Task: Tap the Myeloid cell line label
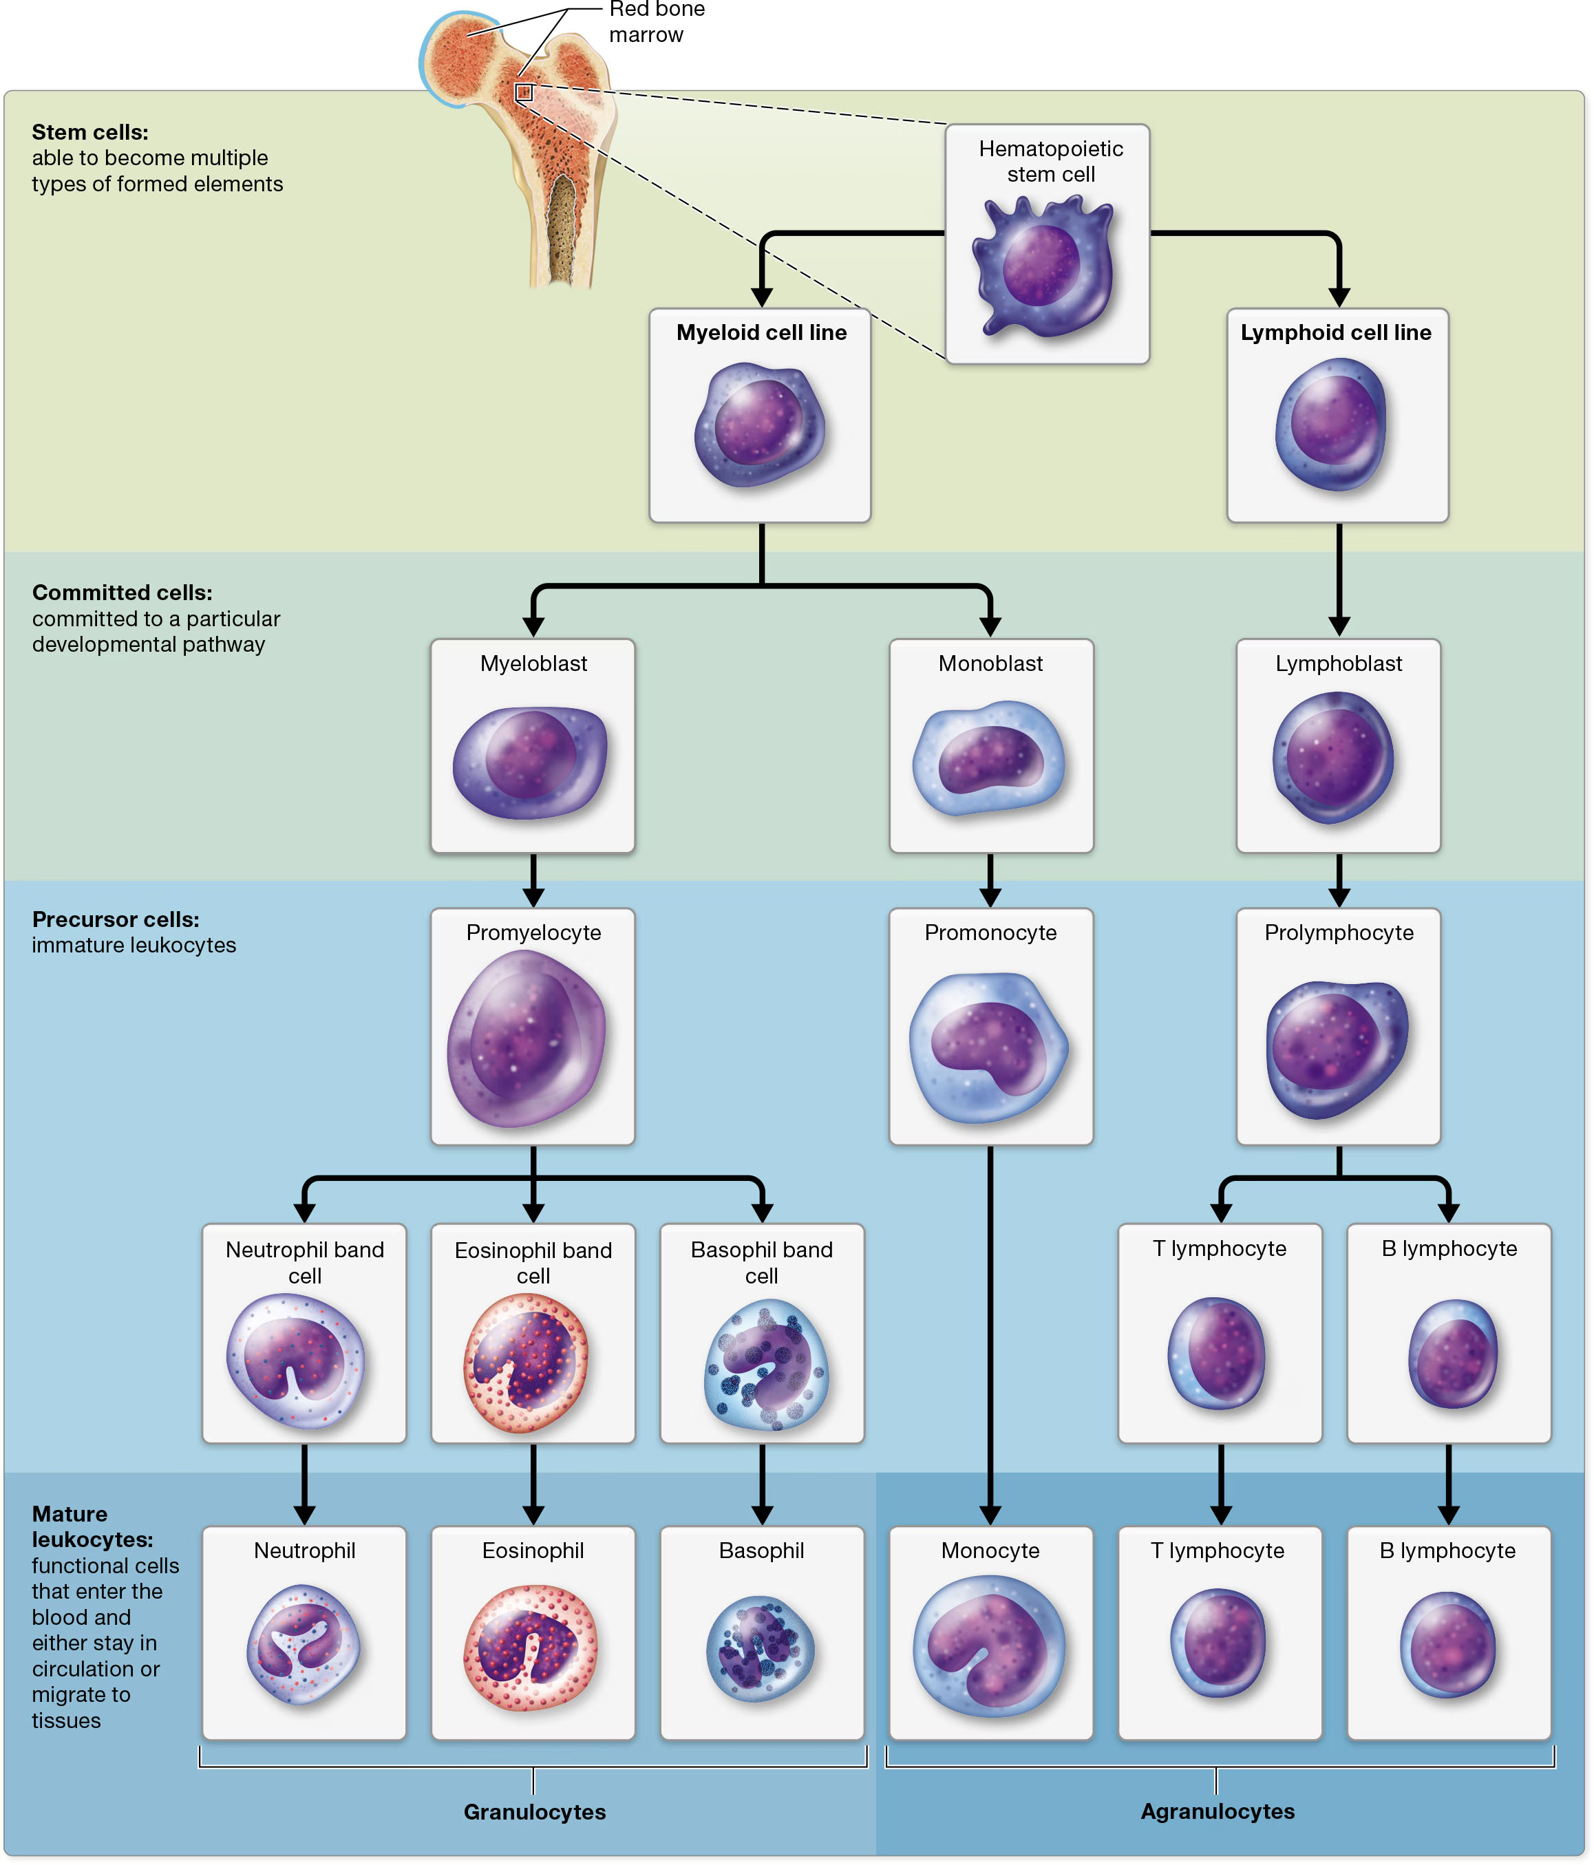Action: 761,332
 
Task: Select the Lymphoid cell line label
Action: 1336,332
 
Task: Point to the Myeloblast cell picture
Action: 531,763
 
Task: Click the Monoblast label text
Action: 990,663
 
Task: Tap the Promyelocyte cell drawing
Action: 527,1038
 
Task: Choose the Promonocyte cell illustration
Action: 988,1047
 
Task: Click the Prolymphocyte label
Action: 1339,932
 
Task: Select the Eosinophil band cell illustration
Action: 527,1363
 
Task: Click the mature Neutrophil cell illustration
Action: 304,1643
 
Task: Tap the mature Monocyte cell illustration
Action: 988,1646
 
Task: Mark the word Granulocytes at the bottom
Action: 535,1812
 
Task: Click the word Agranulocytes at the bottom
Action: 1217,1811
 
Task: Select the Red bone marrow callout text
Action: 655,23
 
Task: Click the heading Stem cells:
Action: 90,132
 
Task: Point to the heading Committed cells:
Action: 123,593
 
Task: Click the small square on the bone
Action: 524,93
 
